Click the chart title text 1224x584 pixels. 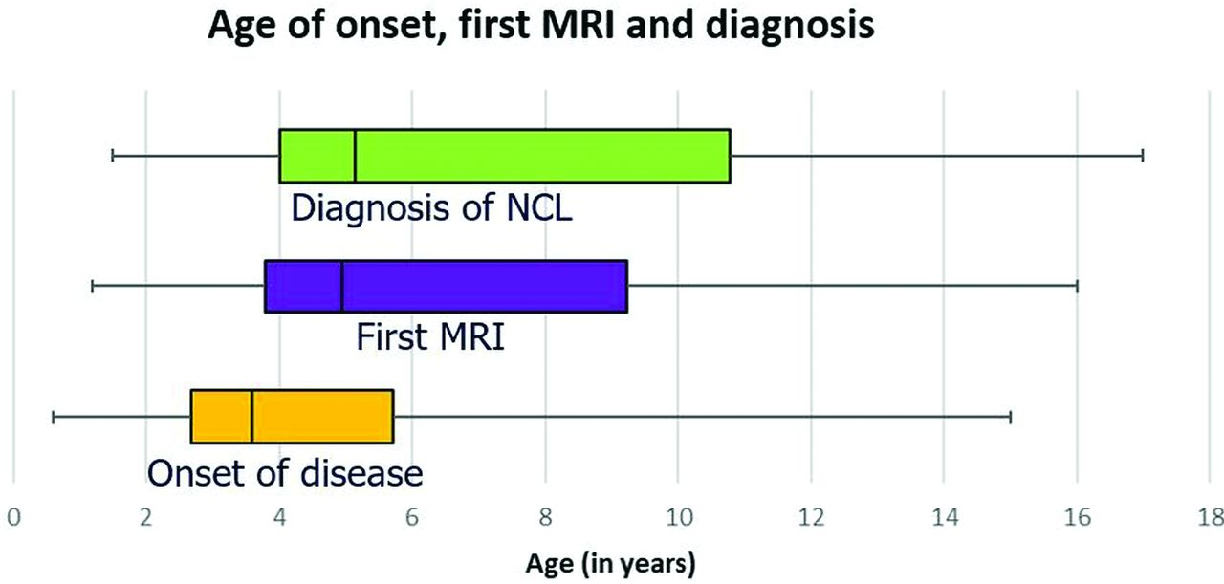(541, 26)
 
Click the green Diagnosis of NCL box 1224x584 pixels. (505, 156)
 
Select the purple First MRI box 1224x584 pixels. (446, 286)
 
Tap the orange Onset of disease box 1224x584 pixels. (292, 417)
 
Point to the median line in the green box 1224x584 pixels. (355, 156)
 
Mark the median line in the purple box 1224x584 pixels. (341, 286)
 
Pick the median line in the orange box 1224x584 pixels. (251, 417)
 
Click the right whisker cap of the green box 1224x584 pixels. (1143, 156)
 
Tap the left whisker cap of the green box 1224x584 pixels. (113, 156)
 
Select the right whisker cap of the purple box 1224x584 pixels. (1077, 286)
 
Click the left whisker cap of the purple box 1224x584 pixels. (93, 286)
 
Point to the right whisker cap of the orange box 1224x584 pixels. (1011, 417)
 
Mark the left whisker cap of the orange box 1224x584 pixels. (53, 417)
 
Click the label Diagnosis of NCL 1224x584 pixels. (431, 207)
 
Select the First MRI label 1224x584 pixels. (430, 336)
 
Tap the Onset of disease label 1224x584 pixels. (285, 472)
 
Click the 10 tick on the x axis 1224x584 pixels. (679, 517)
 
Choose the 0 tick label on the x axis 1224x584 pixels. (13, 517)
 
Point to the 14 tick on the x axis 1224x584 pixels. (945, 517)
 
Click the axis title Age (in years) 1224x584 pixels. (610, 564)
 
